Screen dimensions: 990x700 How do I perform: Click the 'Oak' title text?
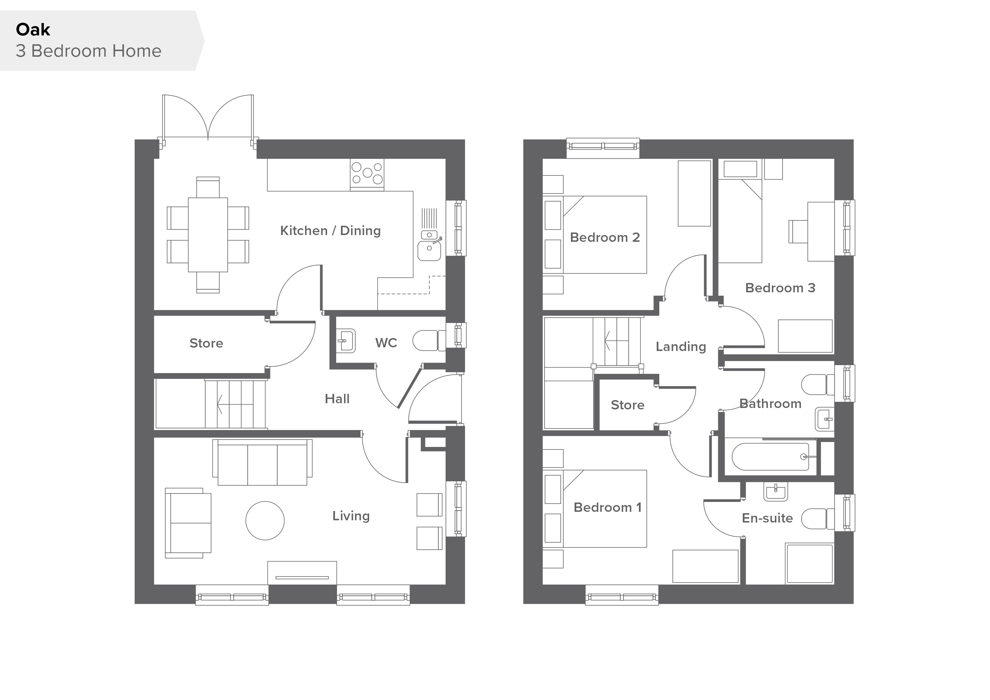coord(33,30)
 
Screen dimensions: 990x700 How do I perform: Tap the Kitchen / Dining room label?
coord(330,231)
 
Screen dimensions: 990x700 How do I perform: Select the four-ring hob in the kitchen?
coord(367,173)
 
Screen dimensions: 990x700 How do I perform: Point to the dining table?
coord(208,235)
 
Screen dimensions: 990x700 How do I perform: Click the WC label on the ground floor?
coord(386,343)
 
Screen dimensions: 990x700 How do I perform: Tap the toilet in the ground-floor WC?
coord(429,341)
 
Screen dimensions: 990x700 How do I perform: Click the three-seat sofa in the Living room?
coord(262,462)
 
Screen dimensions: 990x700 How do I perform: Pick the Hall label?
coord(337,399)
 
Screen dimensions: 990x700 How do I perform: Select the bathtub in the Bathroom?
coord(770,457)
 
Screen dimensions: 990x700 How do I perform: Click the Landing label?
coord(681,346)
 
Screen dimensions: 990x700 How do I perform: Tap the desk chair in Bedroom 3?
coord(798,231)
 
